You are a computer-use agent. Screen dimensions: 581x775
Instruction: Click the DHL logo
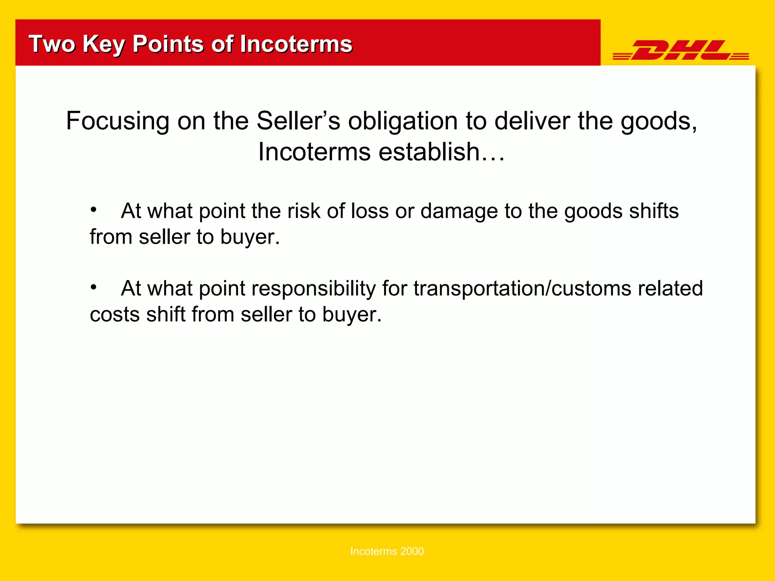coord(680,50)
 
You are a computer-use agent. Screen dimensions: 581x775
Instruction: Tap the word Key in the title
coord(103,44)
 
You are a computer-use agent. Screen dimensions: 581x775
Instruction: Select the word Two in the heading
coord(52,44)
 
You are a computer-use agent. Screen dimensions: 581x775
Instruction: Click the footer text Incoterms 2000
coord(387,551)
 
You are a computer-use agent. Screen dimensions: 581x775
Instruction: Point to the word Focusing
coord(117,121)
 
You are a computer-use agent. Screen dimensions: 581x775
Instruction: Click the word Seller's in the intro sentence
coord(298,121)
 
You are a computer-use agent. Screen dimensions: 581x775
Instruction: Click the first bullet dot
coord(93,209)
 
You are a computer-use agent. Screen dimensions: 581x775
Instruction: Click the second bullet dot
coord(93,287)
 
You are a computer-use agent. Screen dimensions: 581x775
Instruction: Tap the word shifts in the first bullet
coord(654,211)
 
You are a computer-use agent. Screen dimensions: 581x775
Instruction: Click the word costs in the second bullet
coord(115,315)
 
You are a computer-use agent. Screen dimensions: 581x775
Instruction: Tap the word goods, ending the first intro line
coord(658,122)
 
